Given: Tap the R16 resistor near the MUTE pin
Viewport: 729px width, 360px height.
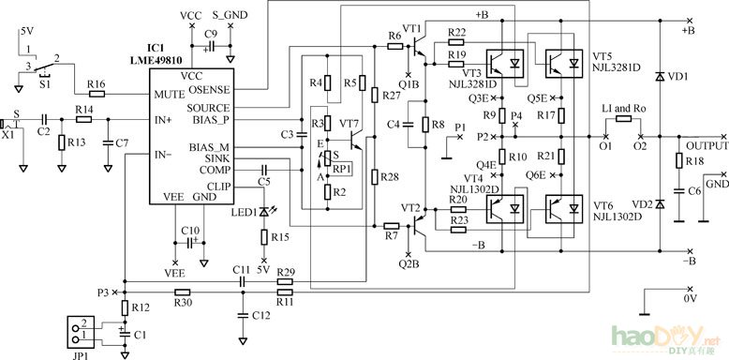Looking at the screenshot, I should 96,95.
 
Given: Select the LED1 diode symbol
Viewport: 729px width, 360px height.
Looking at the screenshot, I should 265,212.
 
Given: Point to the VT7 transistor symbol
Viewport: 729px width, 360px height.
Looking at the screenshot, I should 354,140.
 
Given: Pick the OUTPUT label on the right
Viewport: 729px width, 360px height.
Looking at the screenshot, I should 707,146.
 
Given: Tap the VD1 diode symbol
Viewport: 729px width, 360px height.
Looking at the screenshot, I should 660,76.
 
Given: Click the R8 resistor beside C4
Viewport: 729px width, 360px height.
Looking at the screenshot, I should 425,125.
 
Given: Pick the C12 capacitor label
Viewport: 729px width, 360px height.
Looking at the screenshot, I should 260,317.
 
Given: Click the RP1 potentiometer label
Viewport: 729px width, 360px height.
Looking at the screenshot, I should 342,169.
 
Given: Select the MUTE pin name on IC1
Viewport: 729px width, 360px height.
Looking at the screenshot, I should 169,95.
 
